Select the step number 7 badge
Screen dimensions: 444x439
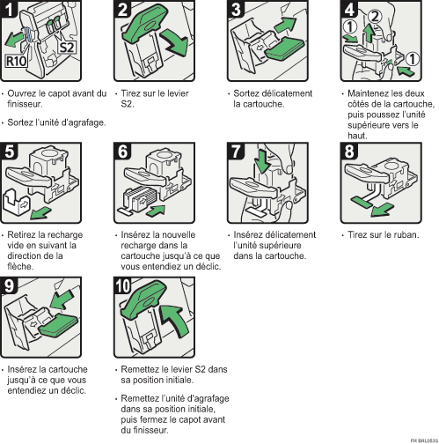pyautogui.click(x=238, y=149)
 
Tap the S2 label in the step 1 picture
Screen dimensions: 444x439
pyautogui.click(x=67, y=45)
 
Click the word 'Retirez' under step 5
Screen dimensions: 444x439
pyautogui.click(x=23, y=235)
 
